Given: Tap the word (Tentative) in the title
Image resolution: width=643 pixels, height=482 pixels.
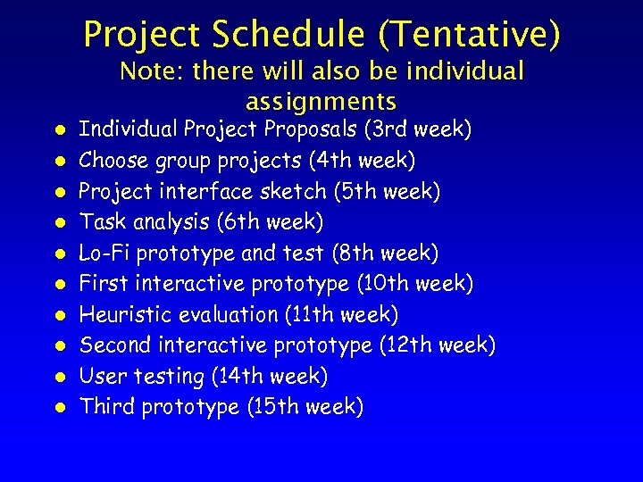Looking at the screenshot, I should click(x=470, y=35).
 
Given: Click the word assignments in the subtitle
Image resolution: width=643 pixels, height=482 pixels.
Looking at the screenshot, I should click(x=321, y=100).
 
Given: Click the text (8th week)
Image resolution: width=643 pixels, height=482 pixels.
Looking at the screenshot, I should click(x=385, y=253).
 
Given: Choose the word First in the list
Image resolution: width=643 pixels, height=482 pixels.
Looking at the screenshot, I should click(x=100, y=284).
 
